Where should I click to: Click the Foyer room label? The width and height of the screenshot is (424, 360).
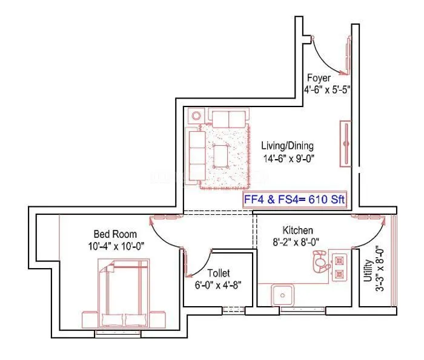pyautogui.click(x=319, y=78)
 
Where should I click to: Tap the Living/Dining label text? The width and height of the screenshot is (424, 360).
pyautogui.click(x=287, y=146)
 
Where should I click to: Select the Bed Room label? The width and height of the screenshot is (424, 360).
pyautogui.click(x=114, y=234)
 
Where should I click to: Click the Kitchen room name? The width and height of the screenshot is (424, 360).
pyautogui.click(x=297, y=231)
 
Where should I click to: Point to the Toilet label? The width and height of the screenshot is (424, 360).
pyautogui.click(x=219, y=273)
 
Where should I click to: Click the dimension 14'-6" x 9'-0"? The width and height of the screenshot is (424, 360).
pyautogui.click(x=288, y=159)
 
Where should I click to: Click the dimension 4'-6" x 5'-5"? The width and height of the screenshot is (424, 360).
pyautogui.click(x=327, y=89)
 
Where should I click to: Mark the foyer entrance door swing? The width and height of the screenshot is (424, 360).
pyautogui.click(x=330, y=57)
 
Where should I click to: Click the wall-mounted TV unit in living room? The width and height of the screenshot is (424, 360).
pyautogui.click(x=346, y=143)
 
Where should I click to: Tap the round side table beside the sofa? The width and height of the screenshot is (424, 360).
pyautogui.click(x=196, y=116)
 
